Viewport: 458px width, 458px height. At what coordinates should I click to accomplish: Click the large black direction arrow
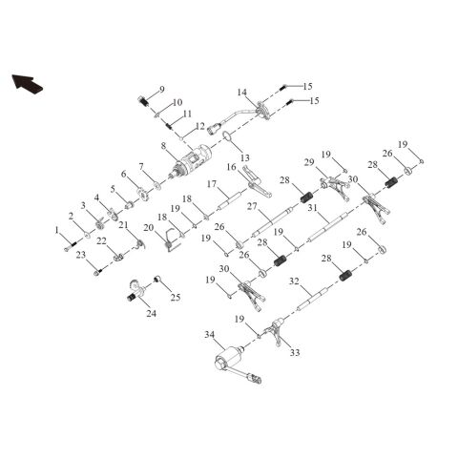pyautogui.click(x=28, y=84)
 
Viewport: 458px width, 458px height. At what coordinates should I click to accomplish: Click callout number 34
pyautogui.click(x=210, y=335)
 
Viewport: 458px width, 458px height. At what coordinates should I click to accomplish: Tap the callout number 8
pyautogui.click(x=163, y=146)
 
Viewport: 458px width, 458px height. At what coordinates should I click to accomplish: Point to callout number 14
pyautogui.click(x=242, y=93)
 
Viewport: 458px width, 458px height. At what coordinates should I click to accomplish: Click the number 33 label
pyautogui.click(x=295, y=352)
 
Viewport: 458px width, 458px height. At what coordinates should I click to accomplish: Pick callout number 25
pyautogui.click(x=176, y=298)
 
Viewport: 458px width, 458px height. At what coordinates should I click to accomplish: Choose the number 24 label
pyautogui.click(x=152, y=313)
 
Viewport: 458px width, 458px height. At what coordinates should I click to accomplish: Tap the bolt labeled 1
pyautogui.click(x=71, y=246)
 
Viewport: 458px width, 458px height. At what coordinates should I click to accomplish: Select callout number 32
pyautogui.click(x=294, y=281)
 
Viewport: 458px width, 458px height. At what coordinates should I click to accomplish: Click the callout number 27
pyautogui.click(x=252, y=206)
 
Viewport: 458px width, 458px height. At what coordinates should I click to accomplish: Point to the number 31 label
pyautogui.click(x=313, y=208)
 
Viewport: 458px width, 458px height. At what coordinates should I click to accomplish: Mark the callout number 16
pyautogui.click(x=232, y=166)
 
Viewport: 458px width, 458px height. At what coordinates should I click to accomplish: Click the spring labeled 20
pyautogui.click(x=172, y=241)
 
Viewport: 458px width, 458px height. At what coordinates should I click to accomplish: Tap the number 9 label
pyautogui.click(x=162, y=90)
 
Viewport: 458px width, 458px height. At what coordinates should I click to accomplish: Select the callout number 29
pyautogui.click(x=309, y=162)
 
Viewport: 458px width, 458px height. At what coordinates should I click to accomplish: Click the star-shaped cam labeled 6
pyautogui.click(x=144, y=195)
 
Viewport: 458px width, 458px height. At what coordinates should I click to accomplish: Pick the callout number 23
pyautogui.click(x=81, y=255)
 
